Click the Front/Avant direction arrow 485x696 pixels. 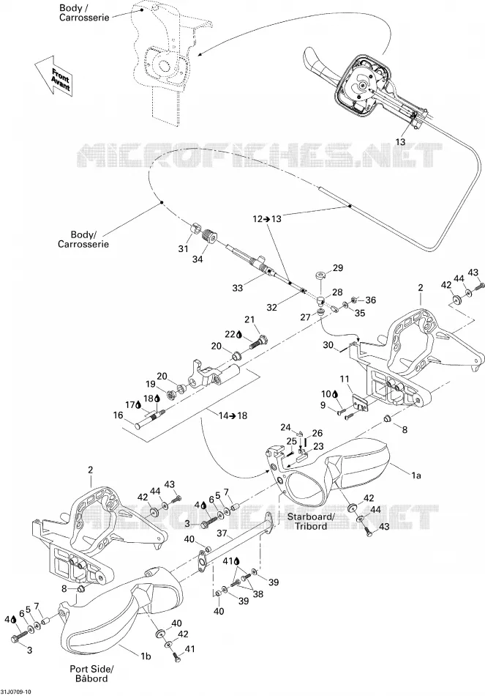[x=53, y=76]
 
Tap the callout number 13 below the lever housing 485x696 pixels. [x=400, y=142]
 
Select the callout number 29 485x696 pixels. [x=338, y=268]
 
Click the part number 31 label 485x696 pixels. [x=184, y=249]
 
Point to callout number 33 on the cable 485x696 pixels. [x=238, y=288]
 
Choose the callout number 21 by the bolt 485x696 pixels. [x=250, y=319]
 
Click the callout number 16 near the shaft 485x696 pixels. [x=118, y=415]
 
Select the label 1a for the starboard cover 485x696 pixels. [x=416, y=475]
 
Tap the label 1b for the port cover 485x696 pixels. [x=146, y=656]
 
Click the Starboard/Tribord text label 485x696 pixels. [x=310, y=521]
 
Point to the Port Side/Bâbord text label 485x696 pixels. [x=91, y=673]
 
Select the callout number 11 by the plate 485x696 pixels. [x=345, y=379]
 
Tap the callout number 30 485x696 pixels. [x=328, y=345]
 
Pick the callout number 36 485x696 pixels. [x=370, y=300]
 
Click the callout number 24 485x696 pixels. [x=285, y=428]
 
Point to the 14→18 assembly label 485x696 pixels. [x=233, y=415]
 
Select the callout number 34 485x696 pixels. [x=198, y=259]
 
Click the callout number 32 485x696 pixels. [x=271, y=307]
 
